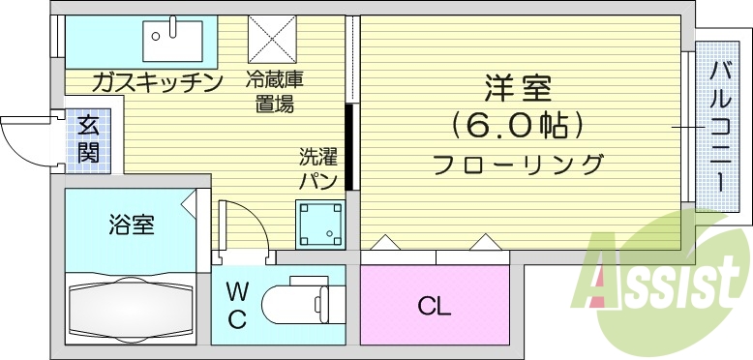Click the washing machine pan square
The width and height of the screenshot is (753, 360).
click(x=320, y=225)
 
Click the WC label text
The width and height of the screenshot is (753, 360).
click(x=237, y=306)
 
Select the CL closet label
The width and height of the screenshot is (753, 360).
click(x=435, y=308)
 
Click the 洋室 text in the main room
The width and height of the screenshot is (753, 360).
click(x=518, y=88)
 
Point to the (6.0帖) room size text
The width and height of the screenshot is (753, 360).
click(x=518, y=125)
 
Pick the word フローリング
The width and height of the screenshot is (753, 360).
click(x=518, y=163)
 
